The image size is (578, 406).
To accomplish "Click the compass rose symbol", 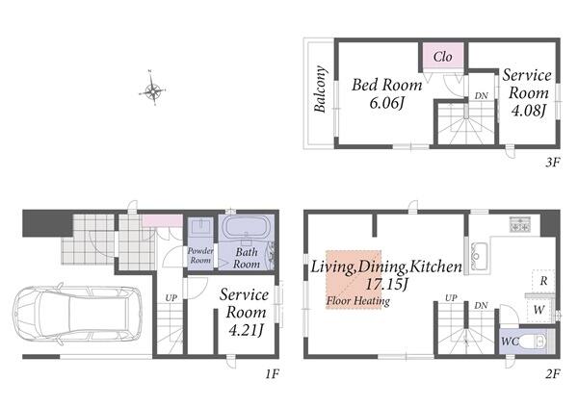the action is (x=152, y=89).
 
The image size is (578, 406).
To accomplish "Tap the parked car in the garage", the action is (x=77, y=314).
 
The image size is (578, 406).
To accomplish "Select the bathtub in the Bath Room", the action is (x=247, y=228).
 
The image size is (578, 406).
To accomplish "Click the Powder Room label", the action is (x=200, y=256).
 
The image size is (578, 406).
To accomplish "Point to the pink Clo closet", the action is (x=443, y=56).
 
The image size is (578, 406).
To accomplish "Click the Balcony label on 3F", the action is (x=320, y=89).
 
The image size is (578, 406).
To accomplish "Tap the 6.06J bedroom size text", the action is (x=387, y=104).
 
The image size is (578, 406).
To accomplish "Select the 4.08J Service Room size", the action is (x=528, y=110).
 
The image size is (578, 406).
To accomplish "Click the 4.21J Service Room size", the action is (x=246, y=330).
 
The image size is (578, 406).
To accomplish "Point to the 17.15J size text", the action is (x=386, y=284).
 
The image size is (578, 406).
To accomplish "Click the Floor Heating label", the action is (x=358, y=301).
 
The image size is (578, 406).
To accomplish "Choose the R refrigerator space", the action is (x=543, y=281).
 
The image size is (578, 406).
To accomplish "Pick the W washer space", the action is (x=539, y=310).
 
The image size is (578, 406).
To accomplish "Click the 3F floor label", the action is (x=552, y=163).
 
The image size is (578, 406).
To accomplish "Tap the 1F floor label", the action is (x=272, y=374).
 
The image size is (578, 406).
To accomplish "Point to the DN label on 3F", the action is (x=481, y=95).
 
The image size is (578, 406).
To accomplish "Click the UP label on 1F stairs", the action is (x=171, y=298).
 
